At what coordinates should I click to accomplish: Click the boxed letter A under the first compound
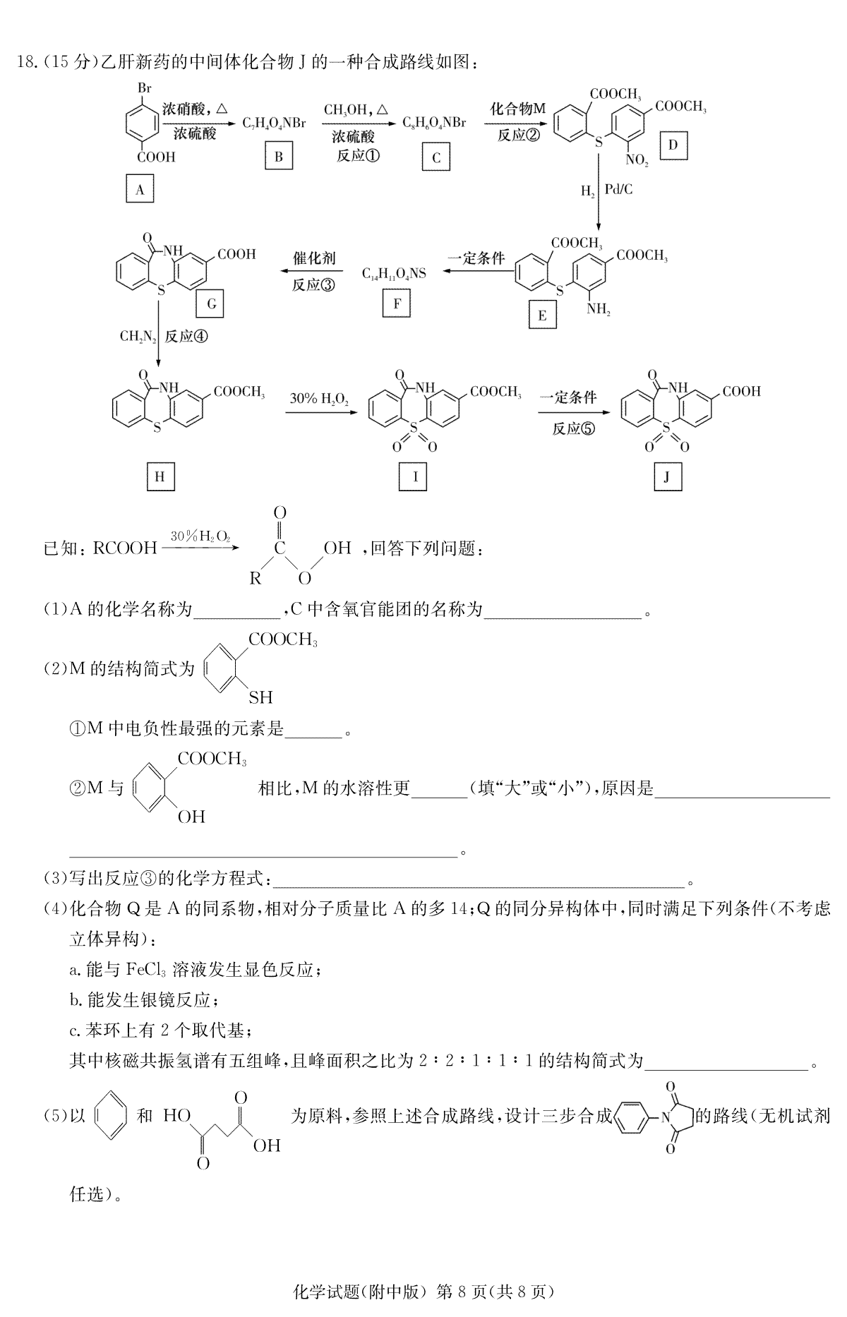tap(140, 189)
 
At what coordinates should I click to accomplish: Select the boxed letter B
tap(279, 157)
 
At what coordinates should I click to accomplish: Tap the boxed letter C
tap(435, 157)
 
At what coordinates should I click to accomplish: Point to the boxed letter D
tap(673, 145)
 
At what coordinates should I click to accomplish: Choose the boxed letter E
tap(542, 315)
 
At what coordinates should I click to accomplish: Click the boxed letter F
tap(397, 304)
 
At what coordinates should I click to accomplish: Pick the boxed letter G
tap(211, 304)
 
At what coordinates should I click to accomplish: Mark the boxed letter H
tap(160, 477)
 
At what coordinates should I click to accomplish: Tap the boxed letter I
tap(415, 477)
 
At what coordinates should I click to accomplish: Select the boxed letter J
tap(667, 477)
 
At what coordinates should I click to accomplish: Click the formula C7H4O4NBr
tap(275, 124)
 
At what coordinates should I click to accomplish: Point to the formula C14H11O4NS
tap(395, 272)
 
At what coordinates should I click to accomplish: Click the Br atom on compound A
tap(144, 89)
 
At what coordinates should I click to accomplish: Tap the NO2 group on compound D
tap(637, 161)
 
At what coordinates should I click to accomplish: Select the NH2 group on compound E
tap(598, 308)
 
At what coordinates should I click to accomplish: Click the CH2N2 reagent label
tap(138, 336)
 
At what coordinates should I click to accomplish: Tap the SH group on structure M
tap(260, 697)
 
